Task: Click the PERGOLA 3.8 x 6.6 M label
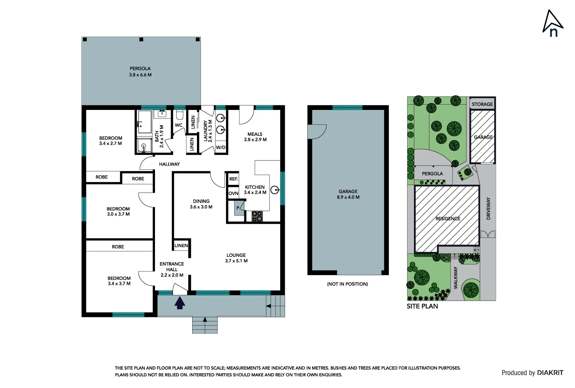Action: click(x=140, y=72)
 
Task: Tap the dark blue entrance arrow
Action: click(x=180, y=302)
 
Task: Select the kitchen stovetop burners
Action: click(x=257, y=216)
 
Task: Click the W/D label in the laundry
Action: click(x=221, y=148)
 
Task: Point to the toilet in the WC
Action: click(x=180, y=115)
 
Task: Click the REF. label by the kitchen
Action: click(x=234, y=179)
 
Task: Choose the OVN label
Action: click(x=234, y=193)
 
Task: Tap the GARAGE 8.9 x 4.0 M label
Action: click(x=348, y=194)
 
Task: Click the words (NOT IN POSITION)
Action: click(x=347, y=284)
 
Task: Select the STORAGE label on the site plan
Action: click(x=482, y=104)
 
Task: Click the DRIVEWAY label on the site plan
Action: click(x=488, y=208)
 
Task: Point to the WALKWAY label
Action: click(x=456, y=277)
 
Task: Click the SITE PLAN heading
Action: click(x=422, y=306)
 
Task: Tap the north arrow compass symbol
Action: click(x=552, y=23)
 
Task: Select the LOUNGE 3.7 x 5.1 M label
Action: click(x=236, y=258)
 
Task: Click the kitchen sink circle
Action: click(x=274, y=190)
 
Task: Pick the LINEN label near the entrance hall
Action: click(x=181, y=246)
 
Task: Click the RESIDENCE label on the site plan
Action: click(x=448, y=218)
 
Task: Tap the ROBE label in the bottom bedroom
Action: click(x=118, y=247)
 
